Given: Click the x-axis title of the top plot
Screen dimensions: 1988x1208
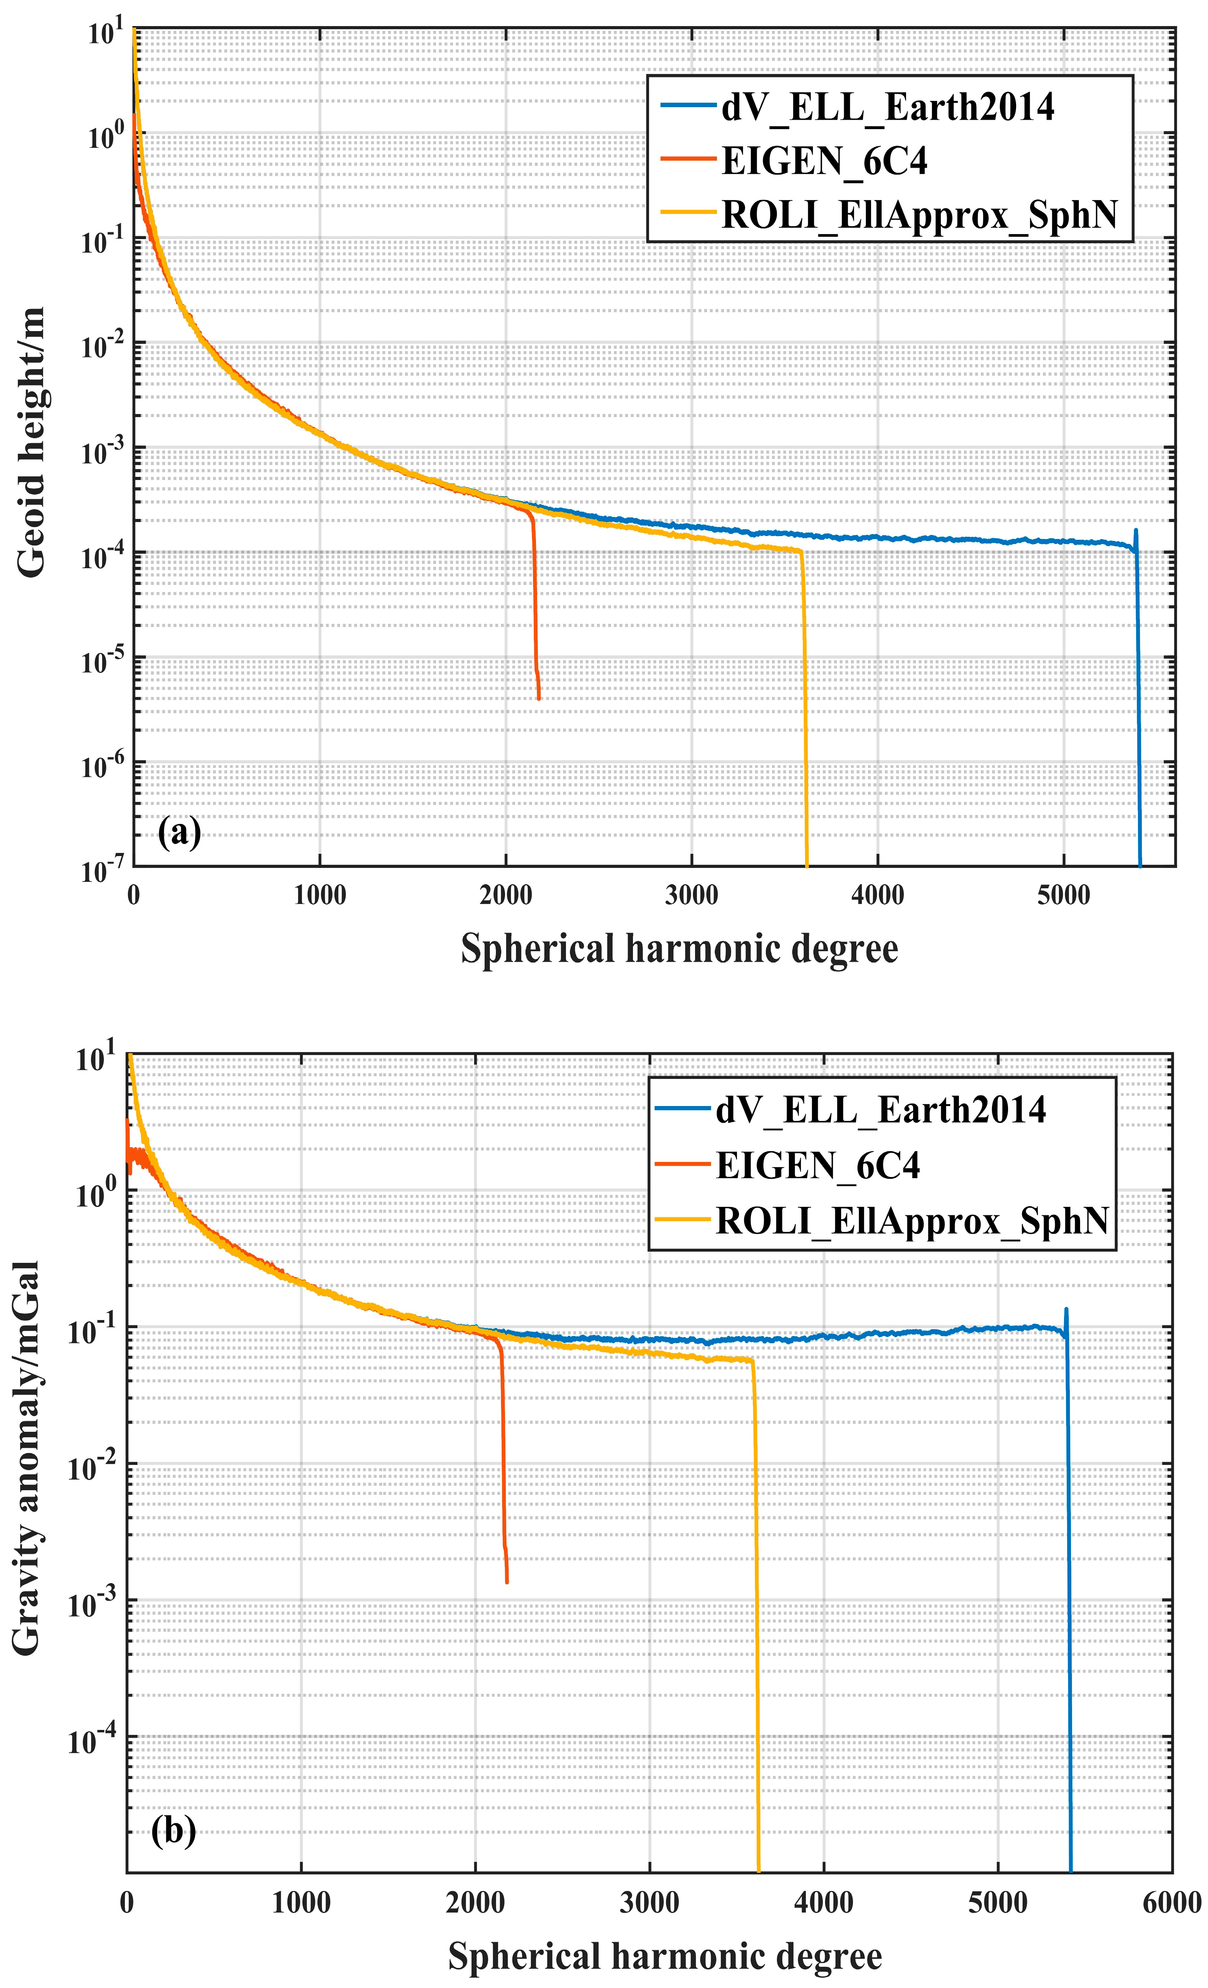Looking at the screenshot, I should coord(679,949).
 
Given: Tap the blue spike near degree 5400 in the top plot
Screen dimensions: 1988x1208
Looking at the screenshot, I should coord(1135,533).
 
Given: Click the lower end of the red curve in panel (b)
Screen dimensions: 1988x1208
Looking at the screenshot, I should coord(507,1582).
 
